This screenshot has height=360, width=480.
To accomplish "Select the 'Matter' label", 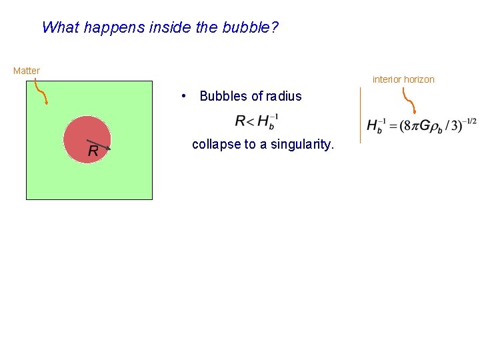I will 27,71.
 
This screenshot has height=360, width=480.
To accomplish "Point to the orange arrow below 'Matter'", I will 41,92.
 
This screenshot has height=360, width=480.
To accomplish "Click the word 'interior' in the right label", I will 387,79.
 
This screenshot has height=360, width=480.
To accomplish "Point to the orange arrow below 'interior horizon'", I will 409,103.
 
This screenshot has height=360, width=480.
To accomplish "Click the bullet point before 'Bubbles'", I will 183,96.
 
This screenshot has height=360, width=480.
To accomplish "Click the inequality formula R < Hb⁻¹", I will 257,121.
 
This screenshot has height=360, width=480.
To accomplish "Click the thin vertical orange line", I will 360,115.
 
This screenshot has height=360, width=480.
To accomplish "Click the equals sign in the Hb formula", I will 393,126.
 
